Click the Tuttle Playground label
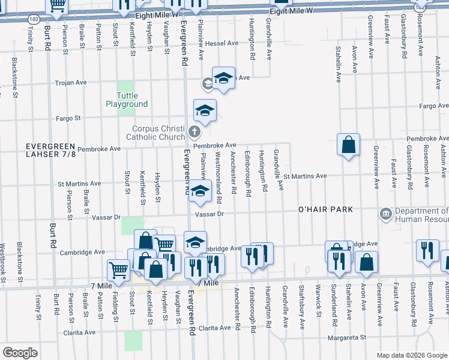[x=127, y=100]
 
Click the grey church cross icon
[x=194, y=131]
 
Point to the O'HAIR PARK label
[x=325, y=209]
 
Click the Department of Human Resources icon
[x=384, y=214]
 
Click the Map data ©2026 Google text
[x=411, y=355]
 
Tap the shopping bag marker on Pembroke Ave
[x=348, y=145]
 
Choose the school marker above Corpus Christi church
[x=205, y=110]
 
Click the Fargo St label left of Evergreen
[x=68, y=118]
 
